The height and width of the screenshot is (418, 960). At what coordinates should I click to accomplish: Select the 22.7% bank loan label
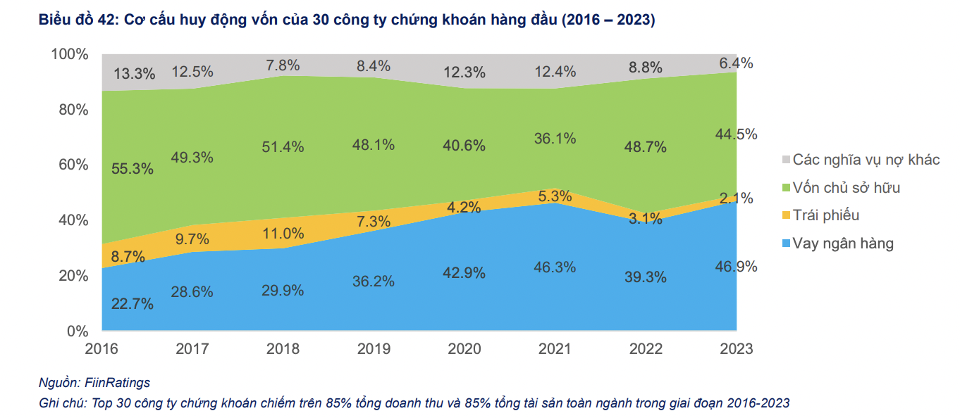point(133,304)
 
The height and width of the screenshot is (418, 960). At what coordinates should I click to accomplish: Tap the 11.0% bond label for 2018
point(283,233)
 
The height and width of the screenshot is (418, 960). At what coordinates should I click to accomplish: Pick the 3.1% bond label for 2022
point(646,218)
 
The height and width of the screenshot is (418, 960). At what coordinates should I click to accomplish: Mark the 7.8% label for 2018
point(283,65)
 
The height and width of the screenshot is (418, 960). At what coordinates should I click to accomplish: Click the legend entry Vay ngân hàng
point(843,243)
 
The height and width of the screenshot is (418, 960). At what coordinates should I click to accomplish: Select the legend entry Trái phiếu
point(826,215)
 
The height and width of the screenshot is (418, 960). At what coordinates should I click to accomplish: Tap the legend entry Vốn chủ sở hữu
point(847,188)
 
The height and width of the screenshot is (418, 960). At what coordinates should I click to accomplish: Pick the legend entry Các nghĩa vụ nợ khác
point(866,160)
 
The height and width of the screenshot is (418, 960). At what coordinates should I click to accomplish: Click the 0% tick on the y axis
point(76,331)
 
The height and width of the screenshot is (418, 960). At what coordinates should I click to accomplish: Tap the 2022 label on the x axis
point(646,348)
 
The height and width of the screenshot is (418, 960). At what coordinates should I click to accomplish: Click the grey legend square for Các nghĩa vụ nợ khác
point(786,160)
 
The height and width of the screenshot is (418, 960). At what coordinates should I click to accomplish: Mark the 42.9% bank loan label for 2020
point(464,272)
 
